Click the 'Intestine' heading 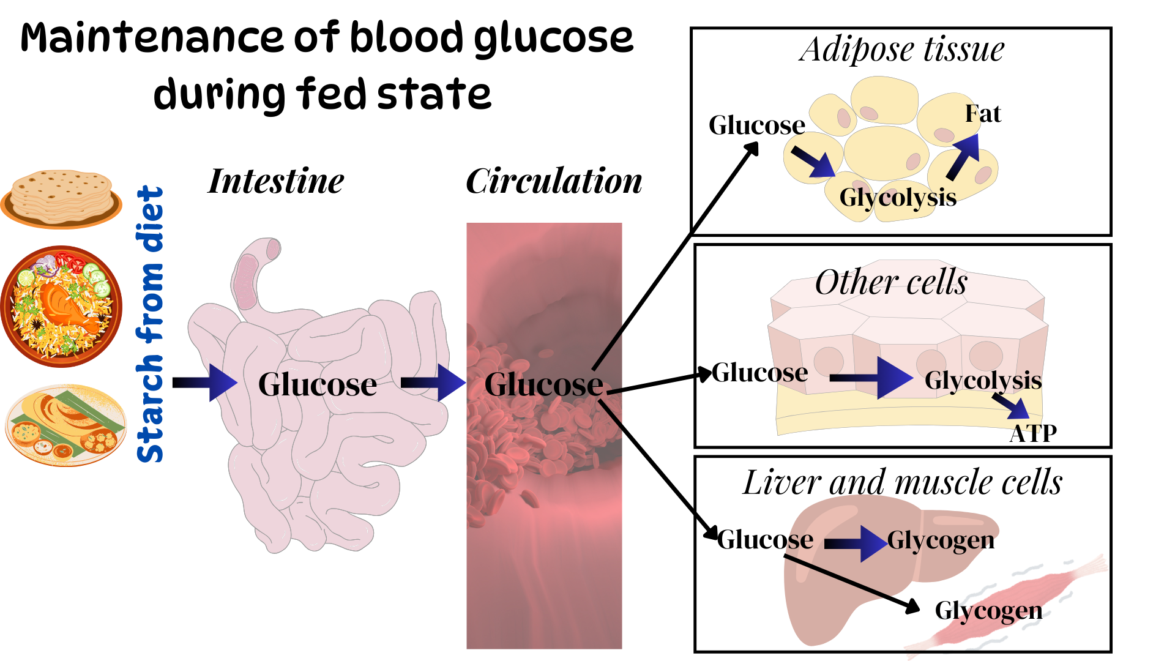[276, 181]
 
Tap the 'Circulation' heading [554, 181]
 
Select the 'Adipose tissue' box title [901, 50]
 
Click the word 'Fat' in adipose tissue [983, 114]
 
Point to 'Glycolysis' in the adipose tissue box [898, 198]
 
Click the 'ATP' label [1033, 434]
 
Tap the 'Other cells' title [891, 283]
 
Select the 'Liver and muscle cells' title [903, 482]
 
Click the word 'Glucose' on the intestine [317, 384]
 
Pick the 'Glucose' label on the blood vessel [543, 384]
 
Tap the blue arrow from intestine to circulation [433, 383]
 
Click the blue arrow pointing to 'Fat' [964, 156]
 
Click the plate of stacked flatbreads [61, 197]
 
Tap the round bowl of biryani [61, 306]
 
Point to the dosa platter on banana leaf [65, 425]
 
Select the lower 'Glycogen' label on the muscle [988, 611]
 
